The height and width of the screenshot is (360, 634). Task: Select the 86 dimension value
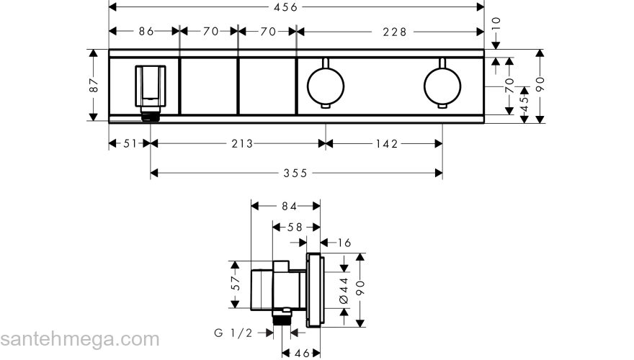click(146, 32)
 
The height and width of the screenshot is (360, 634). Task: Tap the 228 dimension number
click(394, 32)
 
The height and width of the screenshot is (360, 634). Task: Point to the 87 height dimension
click(93, 84)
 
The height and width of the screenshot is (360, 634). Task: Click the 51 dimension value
click(129, 143)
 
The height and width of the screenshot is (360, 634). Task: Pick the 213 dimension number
click(242, 143)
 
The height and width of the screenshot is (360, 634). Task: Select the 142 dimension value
click(386, 143)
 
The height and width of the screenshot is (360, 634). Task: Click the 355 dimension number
click(295, 173)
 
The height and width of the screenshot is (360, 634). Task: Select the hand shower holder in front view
click(150, 89)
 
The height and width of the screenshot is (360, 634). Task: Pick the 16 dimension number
click(344, 243)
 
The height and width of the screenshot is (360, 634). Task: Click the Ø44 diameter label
click(344, 291)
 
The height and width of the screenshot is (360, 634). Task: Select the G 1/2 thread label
click(234, 333)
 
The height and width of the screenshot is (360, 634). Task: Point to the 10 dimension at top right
click(496, 30)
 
